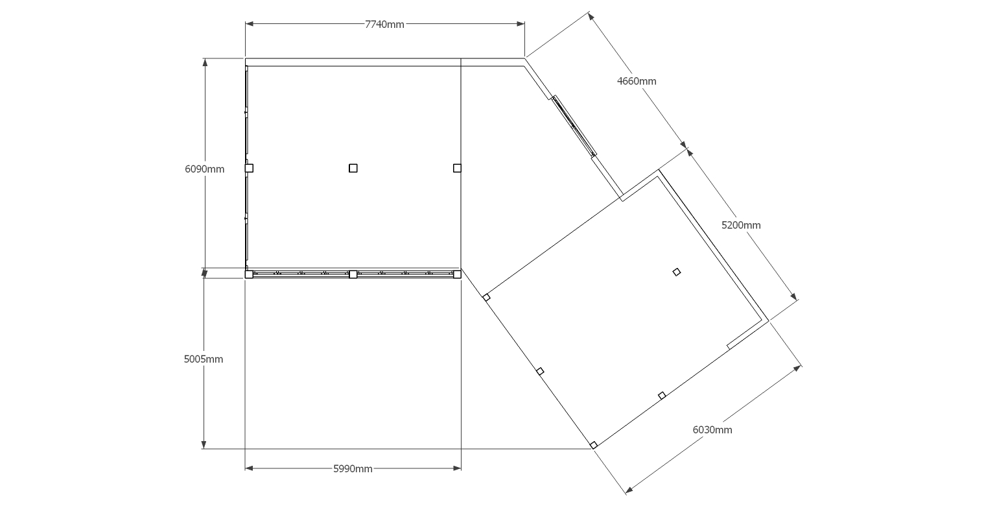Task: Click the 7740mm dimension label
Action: click(x=384, y=24)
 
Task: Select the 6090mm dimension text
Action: click(x=204, y=169)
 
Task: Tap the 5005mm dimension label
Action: click(x=204, y=359)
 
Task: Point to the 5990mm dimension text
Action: click(x=353, y=468)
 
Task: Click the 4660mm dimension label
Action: click(x=637, y=81)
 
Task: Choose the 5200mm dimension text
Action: click(x=741, y=225)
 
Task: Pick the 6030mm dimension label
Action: click(x=712, y=429)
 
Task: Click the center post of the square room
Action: click(x=353, y=169)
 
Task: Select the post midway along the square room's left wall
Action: click(x=249, y=169)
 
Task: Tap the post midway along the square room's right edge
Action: click(x=457, y=169)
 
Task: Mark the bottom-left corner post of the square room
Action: click(x=249, y=274)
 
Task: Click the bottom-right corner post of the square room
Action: click(x=457, y=274)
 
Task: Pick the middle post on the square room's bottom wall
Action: click(x=353, y=274)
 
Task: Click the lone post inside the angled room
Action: click(x=677, y=272)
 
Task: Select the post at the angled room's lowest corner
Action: click(x=594, y=445)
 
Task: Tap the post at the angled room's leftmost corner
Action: click(x=486, y=298)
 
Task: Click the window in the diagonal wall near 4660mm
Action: click(x=574, y=126)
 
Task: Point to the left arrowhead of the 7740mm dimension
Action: click(x=249, y=24)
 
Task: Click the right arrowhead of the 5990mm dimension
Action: click(x=457, y=468)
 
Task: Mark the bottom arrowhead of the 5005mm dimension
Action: click(x=204, y=445)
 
